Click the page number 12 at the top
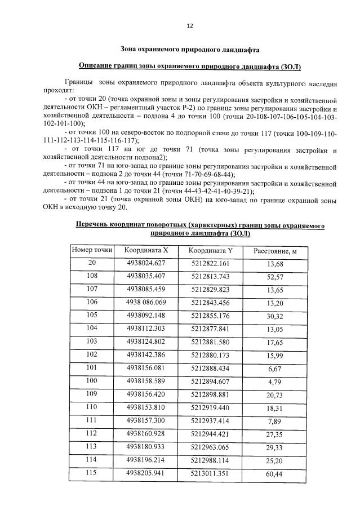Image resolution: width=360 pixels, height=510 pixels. [x=190, y=26]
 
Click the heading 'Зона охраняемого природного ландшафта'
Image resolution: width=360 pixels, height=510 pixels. [x=190, y=49]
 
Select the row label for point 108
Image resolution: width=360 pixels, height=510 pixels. [x=92, y=276]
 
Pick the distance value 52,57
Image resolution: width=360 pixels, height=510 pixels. [x=275, y=277]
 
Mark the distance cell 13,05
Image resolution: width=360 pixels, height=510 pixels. [x=275, y=329]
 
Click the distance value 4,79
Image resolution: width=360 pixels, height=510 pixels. [x=275, y=382]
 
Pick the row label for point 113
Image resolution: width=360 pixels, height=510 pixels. [x=92, y=446]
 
